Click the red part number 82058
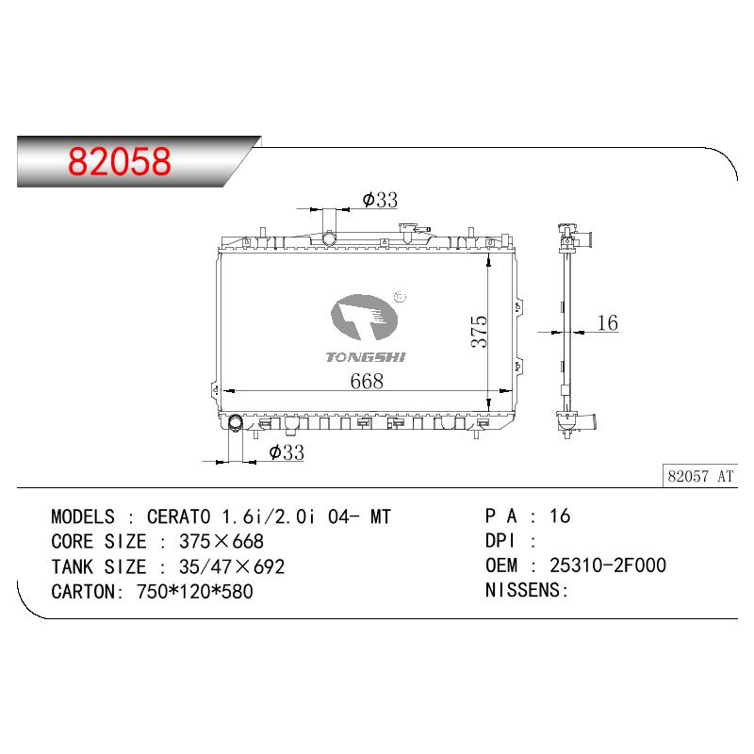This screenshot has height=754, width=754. (x=120, y=161)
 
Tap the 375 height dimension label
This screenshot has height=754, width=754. (x=479, y=332)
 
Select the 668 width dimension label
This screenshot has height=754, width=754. (x=367, y=382)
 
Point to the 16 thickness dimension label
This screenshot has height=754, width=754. (x=607, y=322)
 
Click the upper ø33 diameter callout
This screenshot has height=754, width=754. (x=380, y=200)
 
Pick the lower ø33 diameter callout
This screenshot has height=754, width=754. (x=287, y=452)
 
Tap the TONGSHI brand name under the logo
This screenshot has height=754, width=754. (x=366, y=357)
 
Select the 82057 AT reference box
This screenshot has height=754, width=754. (x=700, y=476)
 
